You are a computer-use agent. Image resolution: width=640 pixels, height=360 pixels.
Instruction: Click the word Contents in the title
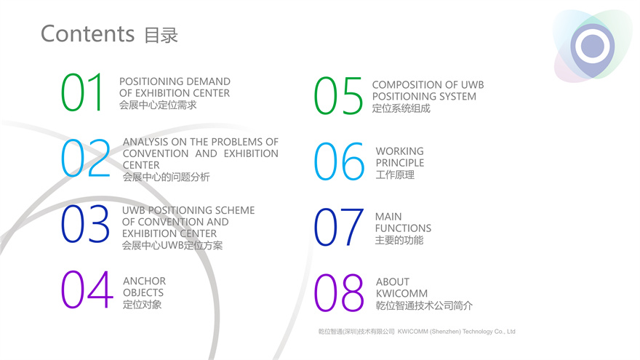[x=88, y=33]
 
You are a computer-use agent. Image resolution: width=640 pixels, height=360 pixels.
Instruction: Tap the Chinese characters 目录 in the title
[x=161, y=35]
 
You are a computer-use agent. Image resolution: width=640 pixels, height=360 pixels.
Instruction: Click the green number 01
[x=81, y=92]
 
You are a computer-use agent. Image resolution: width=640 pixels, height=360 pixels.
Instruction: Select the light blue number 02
[x=86, y=158]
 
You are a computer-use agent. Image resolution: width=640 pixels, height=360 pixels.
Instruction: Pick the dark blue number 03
[x=85, y=224]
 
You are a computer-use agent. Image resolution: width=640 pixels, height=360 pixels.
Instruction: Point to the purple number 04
[x=87, y=289]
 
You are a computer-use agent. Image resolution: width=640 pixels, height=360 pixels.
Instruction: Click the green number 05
[x=338, y=95]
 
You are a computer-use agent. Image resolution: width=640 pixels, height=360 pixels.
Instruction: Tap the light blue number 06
[x=339, y=161]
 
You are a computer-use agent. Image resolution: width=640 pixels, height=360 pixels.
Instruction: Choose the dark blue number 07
[x=339, y=227]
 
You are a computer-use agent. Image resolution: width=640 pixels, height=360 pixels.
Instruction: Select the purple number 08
[x=339, y=292]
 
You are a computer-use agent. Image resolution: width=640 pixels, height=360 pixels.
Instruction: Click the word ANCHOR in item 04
[x=145, y=281]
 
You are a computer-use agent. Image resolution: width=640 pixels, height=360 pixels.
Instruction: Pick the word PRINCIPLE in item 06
[x=400, y=162]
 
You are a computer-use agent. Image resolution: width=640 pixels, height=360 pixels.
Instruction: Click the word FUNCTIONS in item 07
[x=403, y=228]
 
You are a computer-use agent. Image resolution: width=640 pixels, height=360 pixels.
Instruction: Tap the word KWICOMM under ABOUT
[x=401, y=293]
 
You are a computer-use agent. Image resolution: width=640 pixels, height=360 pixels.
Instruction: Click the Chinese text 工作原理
[x=395, y=175]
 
